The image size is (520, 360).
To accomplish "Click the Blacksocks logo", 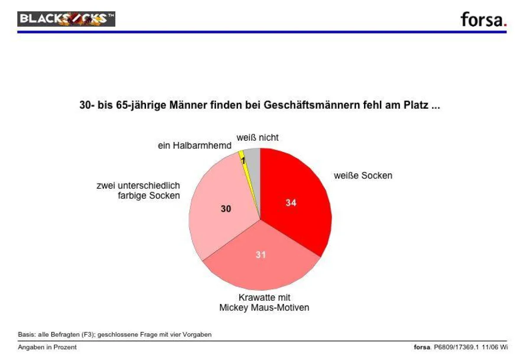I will (66, 19).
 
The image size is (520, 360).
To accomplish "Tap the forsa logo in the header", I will (483, 19).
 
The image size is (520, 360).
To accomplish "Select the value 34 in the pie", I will (291, 202).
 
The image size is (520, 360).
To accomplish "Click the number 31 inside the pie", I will (260, 255).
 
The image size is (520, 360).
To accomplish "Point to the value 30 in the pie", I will (226, 209).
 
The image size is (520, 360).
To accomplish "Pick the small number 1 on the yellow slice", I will (243, 161).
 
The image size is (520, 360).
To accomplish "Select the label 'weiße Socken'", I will (363, 175).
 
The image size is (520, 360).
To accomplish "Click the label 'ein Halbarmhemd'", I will (194, 146).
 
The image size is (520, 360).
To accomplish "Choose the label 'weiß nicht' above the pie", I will (257, 138).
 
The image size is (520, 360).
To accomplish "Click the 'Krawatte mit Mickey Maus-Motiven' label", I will (264, 303).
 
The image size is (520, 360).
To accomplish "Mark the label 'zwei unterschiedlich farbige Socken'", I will (138, 191).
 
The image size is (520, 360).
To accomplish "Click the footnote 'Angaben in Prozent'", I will (47, 347).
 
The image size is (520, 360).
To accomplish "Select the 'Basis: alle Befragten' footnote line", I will (114, 335).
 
